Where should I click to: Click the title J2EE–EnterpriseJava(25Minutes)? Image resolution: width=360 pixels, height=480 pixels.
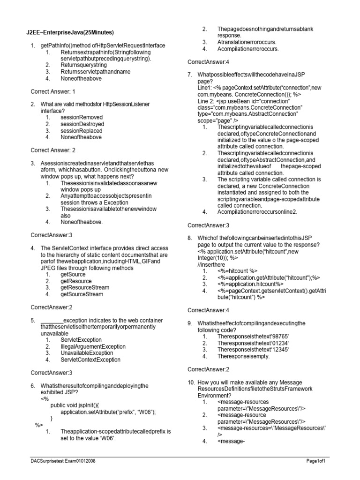70,32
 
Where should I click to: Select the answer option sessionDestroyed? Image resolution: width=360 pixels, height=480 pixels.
82,124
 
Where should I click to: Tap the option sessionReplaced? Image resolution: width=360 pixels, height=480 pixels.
81,130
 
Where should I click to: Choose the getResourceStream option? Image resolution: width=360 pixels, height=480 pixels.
85,287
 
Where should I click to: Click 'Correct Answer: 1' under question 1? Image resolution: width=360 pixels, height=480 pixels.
52,91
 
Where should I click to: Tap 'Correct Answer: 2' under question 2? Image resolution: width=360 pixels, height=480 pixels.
52,150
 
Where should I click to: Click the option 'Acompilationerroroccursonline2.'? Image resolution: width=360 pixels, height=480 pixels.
257,211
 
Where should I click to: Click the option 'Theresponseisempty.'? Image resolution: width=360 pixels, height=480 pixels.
243,356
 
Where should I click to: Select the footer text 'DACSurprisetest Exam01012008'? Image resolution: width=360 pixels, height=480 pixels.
60,462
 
